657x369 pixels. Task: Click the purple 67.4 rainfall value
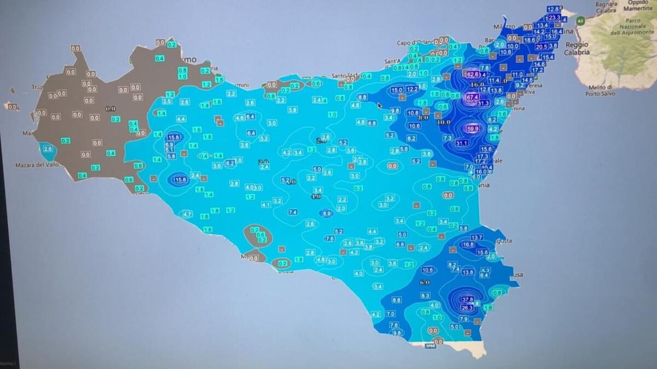click(471, 97)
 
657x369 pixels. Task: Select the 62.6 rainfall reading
click(472, 74)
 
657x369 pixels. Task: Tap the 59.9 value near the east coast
click(472, 129)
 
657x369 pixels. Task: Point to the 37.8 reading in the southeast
click(468, 300)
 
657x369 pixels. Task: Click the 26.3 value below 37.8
click(467, 308)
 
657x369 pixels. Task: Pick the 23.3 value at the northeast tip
click(555, 17)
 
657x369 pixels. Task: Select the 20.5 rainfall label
click(541, 46)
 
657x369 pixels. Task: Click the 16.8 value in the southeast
click(468, 244)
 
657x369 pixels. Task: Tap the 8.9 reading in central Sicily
click(327, 213)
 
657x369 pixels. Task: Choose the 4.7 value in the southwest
click(187, 214)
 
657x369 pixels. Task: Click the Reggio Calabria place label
click(577, 48)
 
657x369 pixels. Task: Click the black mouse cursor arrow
click(379, 104)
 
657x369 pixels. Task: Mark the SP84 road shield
click(430, 346)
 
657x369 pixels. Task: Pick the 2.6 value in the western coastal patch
click(48, 149)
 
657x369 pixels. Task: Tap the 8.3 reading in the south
click(425, 296)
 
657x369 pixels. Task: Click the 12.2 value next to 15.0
click(412, 89)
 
